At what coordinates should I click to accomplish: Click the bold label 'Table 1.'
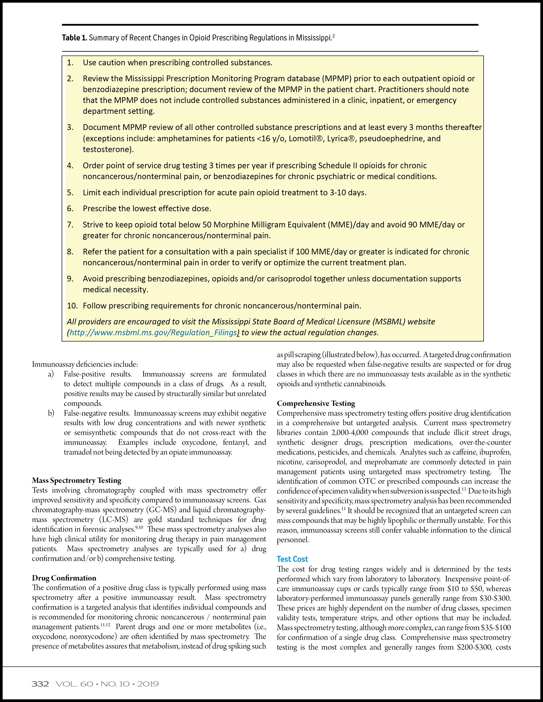[x=74, y=38]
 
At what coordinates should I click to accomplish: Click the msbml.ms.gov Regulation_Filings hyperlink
[x=153, y=332]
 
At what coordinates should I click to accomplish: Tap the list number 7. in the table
[x=70, y=225]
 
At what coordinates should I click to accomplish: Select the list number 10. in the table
[x=72, y=306]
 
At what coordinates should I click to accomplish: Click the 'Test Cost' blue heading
[x=292, y=559]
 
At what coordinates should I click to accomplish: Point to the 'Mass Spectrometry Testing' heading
[x=77, y=480]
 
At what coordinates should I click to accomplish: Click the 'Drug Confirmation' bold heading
[x=64, y=578]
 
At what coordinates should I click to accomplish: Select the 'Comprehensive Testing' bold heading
[x=316, y=403]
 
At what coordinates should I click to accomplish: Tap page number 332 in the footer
[x=40, y=684]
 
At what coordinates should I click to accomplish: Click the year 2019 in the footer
[x=148, y=684]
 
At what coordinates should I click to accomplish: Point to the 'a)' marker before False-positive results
[x=51, y=374]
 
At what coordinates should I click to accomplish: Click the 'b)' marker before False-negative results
[x=51, y=413]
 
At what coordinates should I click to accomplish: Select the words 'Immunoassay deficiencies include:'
[x=85, y=364]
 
